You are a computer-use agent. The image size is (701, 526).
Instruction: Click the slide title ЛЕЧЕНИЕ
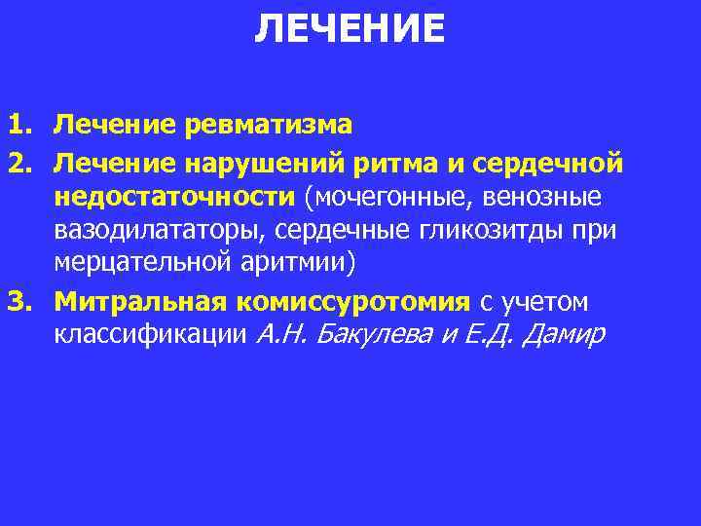click(x=350, y=29)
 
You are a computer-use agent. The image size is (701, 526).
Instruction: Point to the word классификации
click(x=150, y=335)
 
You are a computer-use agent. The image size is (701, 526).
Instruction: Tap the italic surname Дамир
click(x=564, y=335)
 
